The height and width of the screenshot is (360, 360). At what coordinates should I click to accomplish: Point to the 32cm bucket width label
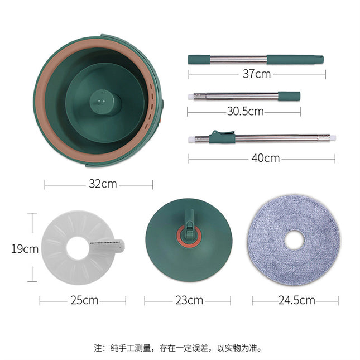click(x=99, y=184)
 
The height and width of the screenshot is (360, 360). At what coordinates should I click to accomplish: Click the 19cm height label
click(x=25, y=248)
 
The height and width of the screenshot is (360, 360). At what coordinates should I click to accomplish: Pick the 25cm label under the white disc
click(x=84, y=300)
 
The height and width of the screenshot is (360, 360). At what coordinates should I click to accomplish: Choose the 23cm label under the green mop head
click(x=189, y=300)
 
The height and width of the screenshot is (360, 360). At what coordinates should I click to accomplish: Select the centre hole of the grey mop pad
click(x=295, y=240)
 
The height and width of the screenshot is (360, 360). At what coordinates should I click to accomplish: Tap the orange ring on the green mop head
click(x=188, y=236)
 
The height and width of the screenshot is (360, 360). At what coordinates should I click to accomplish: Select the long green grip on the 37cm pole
click(x=294, y=59)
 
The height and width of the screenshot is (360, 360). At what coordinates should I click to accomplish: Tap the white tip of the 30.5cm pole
click(x=191, y=97)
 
